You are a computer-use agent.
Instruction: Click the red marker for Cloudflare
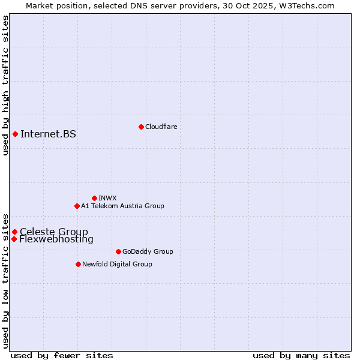[141, 127]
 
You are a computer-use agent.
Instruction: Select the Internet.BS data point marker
[15, 134]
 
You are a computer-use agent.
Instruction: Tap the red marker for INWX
[94, 198]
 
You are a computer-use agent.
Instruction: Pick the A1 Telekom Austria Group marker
[77, 206]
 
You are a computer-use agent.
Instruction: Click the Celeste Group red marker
[14, 232]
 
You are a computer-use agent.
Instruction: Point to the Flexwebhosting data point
[14, 239]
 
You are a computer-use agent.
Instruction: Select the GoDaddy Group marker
[118, 251]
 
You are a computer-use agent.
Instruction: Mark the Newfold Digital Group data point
[78, 264]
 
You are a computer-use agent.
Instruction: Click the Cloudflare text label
[161, 127]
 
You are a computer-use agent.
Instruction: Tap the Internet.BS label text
[48, 134]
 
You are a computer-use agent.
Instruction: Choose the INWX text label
[107, 198]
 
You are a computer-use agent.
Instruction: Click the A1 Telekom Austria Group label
[122, 206]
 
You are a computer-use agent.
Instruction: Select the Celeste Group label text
[54, 232]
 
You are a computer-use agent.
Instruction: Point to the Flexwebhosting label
[56, 239]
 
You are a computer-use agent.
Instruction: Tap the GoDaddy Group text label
[148, 251]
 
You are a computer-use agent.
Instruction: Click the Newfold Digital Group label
[117, 264]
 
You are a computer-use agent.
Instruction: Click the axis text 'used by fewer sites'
[62, 355]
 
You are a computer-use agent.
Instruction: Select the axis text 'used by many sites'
[301, 355]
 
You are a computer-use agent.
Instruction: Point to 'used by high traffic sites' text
[5, 85]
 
